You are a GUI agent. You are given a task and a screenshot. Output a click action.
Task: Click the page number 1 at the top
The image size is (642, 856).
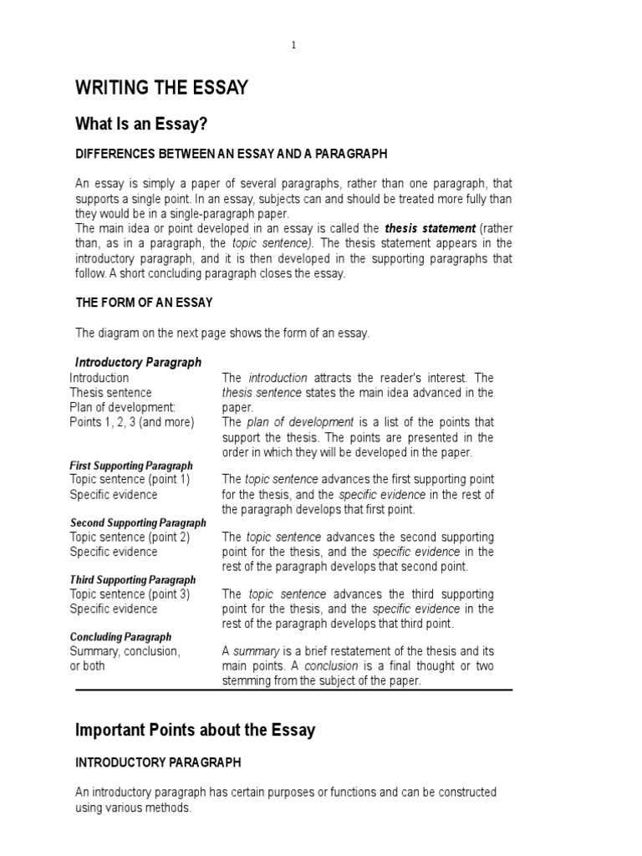click(x=293, y=45)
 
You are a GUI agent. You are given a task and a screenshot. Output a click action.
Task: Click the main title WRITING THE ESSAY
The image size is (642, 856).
click(x=161, y=88)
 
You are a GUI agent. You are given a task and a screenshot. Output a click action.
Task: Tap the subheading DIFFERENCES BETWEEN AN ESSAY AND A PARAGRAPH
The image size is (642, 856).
click(x=232, y=155)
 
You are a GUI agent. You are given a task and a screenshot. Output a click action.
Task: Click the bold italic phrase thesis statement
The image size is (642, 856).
click(x=430, y=228)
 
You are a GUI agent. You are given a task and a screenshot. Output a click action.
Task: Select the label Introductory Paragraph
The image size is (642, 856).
click(x=138, y=363)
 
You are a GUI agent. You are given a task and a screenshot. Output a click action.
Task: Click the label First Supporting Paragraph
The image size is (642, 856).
click(x=131, y=466)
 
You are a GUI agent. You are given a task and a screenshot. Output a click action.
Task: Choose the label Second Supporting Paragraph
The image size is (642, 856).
click(x=138, y=522)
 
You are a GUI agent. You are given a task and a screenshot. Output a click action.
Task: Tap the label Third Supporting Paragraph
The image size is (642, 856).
click(x=133, y=579)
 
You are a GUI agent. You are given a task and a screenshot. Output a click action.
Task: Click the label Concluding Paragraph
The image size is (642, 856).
click(x=120, y=637)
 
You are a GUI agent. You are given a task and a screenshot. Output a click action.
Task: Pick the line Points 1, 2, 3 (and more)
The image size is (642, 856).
click(x=131, y=422)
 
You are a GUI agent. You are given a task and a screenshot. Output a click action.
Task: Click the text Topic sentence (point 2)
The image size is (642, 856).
click(x=130, y=537)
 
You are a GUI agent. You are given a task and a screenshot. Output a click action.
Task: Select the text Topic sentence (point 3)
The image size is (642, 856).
click(x=130, y=594)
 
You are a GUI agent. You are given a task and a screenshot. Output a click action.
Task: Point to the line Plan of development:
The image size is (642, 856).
click(x=123, y=407)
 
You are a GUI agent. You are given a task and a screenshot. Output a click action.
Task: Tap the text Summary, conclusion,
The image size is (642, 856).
click(x=125, y=651)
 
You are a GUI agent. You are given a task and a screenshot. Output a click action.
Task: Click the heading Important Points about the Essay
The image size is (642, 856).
click(x=196, y=730)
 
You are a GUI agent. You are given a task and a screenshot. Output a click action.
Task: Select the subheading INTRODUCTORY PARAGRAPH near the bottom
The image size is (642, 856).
click(x=158, y=762)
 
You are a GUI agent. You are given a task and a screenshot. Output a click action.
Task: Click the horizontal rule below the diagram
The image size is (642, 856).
click(x=293, y=690)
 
